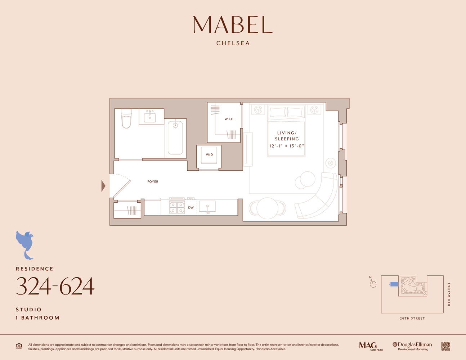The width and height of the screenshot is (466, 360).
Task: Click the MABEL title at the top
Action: click(233, 24)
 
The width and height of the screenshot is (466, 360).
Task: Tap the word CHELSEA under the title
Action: click(233, 43)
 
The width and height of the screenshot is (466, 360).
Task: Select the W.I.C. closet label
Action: click(229, 119)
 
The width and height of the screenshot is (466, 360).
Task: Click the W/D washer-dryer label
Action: click(209, 155)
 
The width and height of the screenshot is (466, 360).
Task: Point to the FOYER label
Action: click(153, 182)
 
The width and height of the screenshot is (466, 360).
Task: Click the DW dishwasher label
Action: click(191, 208)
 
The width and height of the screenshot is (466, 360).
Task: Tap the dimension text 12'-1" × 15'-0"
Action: click(287, 146)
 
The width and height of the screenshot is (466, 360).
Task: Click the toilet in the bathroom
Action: click(126, 119)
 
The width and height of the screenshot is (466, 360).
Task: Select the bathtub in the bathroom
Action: click(175, 138)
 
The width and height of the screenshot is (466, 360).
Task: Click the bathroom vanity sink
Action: click(150, 117)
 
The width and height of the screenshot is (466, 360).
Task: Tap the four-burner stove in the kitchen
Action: click(177, 207)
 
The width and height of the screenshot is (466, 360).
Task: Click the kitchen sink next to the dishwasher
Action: click(207, 207)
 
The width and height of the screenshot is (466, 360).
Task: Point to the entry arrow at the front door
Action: click(103, 186)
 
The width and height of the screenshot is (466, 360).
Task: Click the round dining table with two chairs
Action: click(267, 208)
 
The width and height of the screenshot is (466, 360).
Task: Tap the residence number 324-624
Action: click(55, 287)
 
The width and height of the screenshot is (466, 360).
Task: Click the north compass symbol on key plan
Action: click(373, 283)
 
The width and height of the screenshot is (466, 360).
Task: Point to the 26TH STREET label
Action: click(412, 319)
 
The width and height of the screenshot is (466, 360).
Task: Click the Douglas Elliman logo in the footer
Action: click(413, 346)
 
